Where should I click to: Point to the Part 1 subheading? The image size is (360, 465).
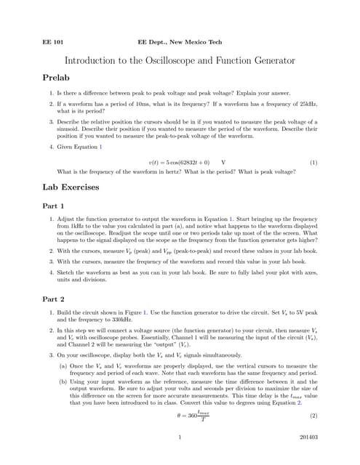[54, 206]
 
